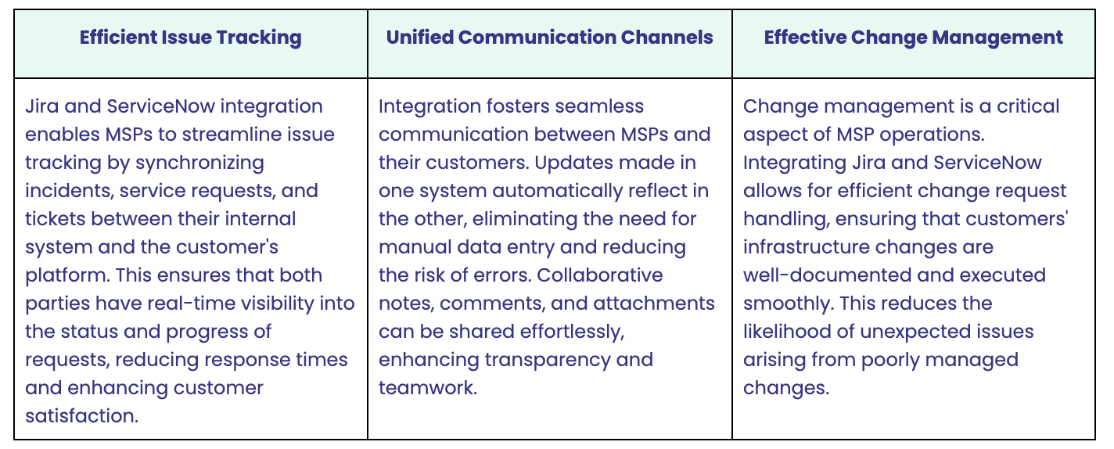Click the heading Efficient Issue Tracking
click(x=190, y=38)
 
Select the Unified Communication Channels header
click(x=549, y=38)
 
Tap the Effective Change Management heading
click(x=914, y=38)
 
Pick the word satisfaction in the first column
click(x=81, y=416)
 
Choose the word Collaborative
click(x=600, y=275)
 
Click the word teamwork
click(x=428, y=388)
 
